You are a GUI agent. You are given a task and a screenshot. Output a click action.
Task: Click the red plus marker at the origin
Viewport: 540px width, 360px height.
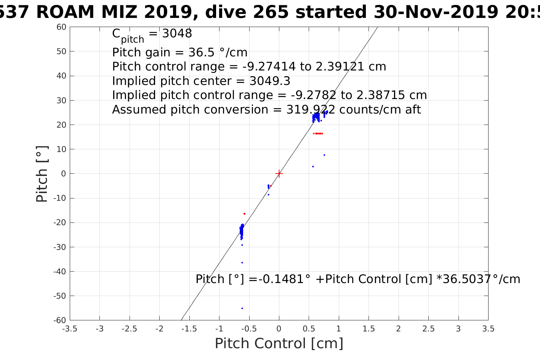click(x=279, y=173)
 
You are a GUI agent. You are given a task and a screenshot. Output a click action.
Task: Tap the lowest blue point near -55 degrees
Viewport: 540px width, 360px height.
click(x=242, y=308)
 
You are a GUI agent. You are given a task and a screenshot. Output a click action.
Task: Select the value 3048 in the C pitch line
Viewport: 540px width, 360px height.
click(x=177, y=34)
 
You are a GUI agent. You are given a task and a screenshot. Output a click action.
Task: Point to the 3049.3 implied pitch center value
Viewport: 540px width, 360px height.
click(x=270, y=81)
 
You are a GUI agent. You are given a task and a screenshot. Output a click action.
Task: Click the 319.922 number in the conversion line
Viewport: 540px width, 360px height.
click(x=311, y=110)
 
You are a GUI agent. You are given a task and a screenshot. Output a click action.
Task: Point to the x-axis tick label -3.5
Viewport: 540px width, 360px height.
click(x=69, y=329)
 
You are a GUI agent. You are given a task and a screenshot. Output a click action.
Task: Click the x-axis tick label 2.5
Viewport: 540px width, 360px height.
click(x=428, y=329)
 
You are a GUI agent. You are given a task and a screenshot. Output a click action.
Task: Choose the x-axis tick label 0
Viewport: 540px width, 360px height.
click(x=279, y=329)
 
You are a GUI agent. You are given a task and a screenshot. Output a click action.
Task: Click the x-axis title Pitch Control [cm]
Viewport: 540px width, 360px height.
click(x=279, y=344)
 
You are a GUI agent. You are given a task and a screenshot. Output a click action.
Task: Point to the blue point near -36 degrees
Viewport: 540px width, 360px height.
click(x=242, y=262)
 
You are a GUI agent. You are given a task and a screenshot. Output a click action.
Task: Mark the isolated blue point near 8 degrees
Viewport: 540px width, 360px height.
click(x=324, y=155)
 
